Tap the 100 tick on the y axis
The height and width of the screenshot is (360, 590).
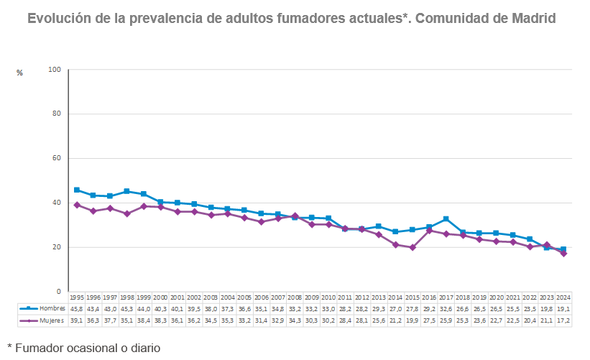pos(54,70)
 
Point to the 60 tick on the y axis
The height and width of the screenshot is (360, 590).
pos(56,159)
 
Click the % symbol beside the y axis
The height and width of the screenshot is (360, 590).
pos(19,73)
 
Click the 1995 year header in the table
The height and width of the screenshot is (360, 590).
pos(76,297)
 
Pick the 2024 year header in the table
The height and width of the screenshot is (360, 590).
pos(563,297)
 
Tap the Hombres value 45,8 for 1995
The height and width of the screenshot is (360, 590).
pos(76,308)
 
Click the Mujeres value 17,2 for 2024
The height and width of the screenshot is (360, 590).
pos(563,320)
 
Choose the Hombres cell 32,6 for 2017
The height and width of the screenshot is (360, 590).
pos(446,308)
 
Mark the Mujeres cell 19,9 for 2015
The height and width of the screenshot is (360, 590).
pos(412,320)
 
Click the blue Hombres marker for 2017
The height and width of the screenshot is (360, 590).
pos(446,219)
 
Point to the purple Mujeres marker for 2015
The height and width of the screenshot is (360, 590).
pos(412,247)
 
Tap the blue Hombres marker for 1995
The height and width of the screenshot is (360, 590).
pos(76,190)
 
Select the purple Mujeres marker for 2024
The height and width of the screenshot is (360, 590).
pos(563,253)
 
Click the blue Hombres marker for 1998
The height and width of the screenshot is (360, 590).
pos(126,191)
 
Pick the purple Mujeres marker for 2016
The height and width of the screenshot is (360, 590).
pos(429,231)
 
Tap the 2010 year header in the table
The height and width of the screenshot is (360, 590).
pos(328,297)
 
